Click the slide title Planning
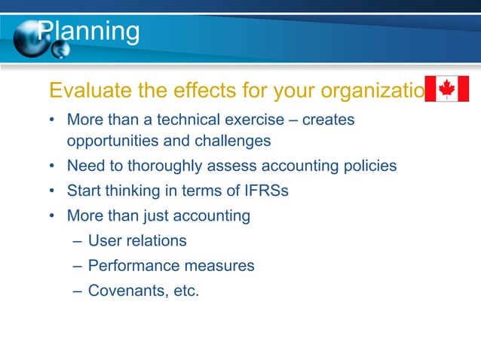point(89,32)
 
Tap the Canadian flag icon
point(447,89)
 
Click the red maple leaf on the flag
point(447,89)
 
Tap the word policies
point(368,166)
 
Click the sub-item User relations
point(137,241)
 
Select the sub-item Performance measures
point(171,266)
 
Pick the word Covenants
point(124,291)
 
